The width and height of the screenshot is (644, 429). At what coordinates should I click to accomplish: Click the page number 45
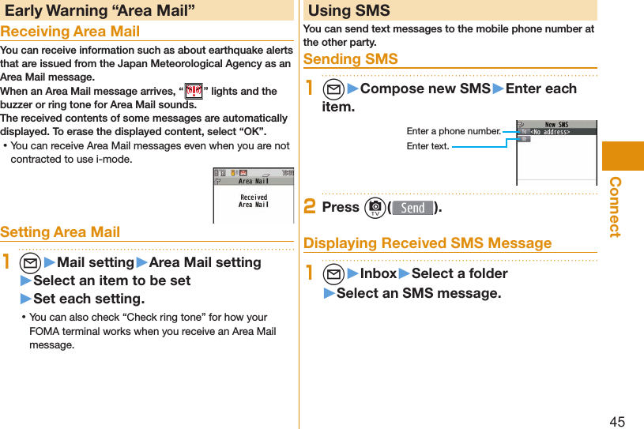[616, 421]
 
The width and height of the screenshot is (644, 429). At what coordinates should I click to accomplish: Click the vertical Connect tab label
[615, 207]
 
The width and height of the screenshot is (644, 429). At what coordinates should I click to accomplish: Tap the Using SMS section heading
[348, 10]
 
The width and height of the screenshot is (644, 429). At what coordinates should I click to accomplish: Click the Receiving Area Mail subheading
[70, 32]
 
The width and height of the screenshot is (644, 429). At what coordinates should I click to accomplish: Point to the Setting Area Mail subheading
[60, 231]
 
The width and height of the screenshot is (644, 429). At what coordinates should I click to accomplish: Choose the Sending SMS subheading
[350, 59]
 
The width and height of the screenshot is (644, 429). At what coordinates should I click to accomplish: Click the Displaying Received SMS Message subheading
[427, 243]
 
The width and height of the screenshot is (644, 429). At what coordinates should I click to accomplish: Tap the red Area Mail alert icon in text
[193, 92]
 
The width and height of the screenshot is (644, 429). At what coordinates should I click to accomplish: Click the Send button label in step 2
[412, 208]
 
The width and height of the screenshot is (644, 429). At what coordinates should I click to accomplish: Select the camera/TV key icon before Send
[375, 208]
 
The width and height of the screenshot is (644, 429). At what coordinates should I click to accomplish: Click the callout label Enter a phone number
[453, 131]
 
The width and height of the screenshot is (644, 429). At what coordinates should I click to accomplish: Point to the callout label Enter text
[427, 146]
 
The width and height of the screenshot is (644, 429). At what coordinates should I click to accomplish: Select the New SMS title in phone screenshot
[556, 124]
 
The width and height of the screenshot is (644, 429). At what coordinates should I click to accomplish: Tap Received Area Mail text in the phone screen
[254, 201]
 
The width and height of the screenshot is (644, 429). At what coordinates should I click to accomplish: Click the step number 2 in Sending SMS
[311, 207]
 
